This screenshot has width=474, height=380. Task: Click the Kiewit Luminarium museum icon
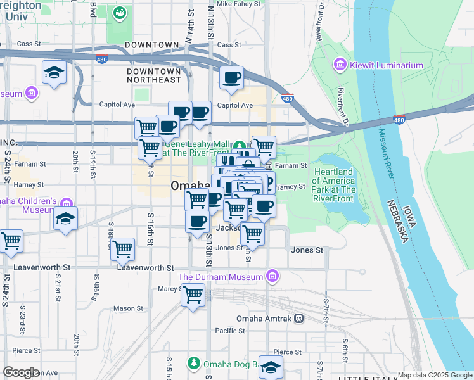[x=340, y=65]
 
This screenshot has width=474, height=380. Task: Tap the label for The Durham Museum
[x=220, y=277]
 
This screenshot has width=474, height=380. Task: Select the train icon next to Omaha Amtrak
[x=298, y=319]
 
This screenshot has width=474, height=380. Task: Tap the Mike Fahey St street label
[x=238, y=4]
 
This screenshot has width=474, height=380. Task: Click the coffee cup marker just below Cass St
[x=232, y=77]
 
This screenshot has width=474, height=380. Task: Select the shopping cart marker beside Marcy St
[x=193, y=294]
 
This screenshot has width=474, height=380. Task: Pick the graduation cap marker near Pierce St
[x=271, y=367]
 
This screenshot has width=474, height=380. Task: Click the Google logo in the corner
[x=21, y=372]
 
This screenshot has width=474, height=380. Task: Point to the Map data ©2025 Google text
[x=434, y=375]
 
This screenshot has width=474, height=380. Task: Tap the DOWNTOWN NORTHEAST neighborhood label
[x=154, y=75]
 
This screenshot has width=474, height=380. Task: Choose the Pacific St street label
[x=229, y=331]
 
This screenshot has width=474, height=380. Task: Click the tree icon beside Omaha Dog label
[x=193, y=364]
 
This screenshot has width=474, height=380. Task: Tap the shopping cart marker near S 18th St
[x=122, y=249]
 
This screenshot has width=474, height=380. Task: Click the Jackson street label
[x=228, y=227]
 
